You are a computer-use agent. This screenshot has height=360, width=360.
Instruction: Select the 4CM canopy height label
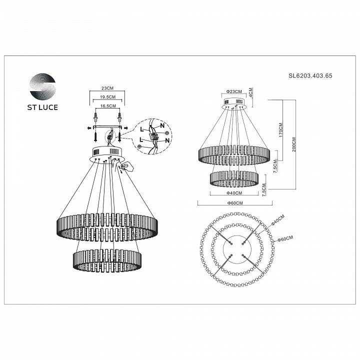coord(251,93)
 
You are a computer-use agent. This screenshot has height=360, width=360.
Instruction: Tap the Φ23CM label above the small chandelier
coord(233,91)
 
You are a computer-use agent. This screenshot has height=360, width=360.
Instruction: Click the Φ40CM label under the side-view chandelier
coord(233,193)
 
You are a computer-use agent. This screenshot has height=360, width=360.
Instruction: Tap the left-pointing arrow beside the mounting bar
coord(85,128)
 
